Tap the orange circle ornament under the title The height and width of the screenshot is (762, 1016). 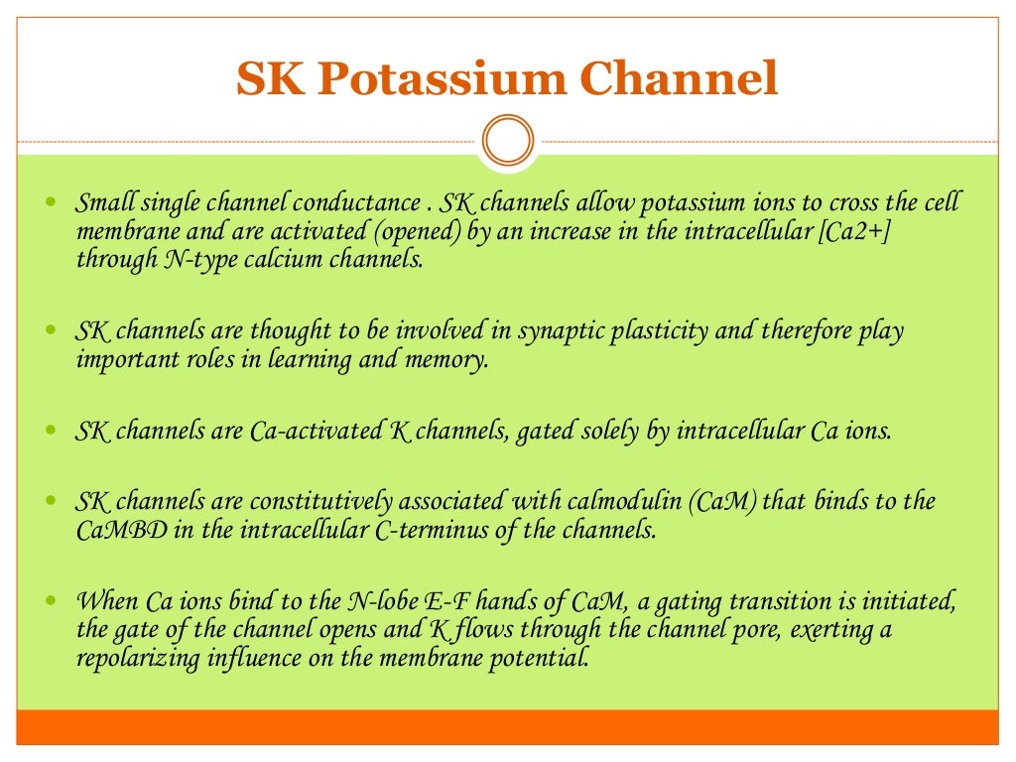coord(507,141)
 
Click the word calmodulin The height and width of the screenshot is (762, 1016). coord(609,502)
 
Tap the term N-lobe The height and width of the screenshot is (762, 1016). coord(377,602)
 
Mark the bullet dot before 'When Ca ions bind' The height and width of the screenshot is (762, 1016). coord(53,600)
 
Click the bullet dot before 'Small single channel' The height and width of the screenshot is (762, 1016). coord(53,202)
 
